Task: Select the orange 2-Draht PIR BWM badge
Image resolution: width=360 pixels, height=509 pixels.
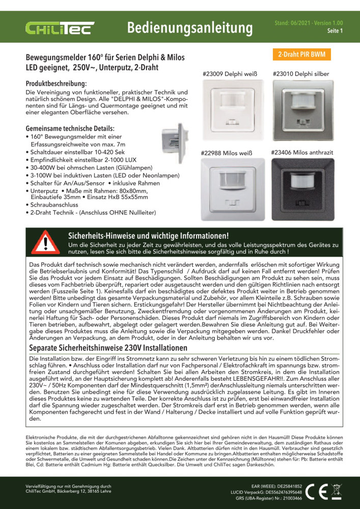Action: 302,54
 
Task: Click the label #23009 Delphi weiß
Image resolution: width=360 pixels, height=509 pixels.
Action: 230,74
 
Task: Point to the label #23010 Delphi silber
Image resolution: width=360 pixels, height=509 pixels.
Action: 301,74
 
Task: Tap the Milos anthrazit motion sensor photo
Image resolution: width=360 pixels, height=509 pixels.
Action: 301,189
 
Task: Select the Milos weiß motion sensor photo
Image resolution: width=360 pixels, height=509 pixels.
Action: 230,189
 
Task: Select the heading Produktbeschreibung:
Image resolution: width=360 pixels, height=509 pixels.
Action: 56,82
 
